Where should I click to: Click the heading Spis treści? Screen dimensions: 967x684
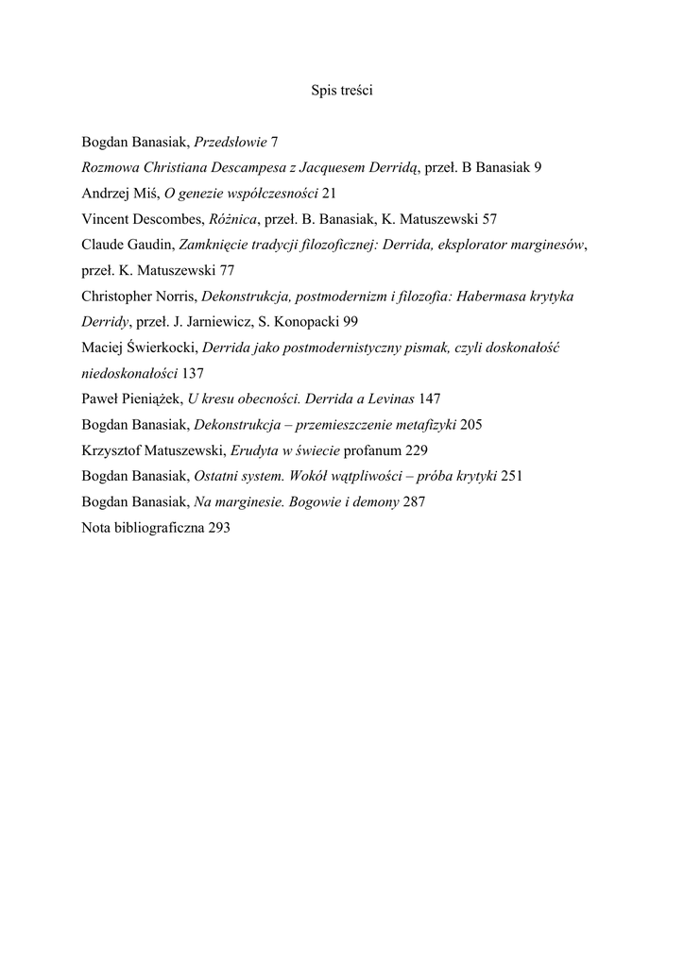pos(342,91)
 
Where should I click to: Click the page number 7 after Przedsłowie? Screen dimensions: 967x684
pos(274,142)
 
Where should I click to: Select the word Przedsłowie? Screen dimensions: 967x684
pos(231,142)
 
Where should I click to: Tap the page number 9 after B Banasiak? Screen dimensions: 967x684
pos(538,167)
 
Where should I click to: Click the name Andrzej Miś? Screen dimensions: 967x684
pos(120,194)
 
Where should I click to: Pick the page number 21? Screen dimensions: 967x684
pos(329,194)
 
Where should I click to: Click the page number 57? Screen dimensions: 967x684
pos(488,219)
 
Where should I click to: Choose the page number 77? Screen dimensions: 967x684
pos(227,270)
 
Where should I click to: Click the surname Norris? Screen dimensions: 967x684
pos(171,297)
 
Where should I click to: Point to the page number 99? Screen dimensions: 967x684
pos(349,322)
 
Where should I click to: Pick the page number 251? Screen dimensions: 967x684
pos(512,476)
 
